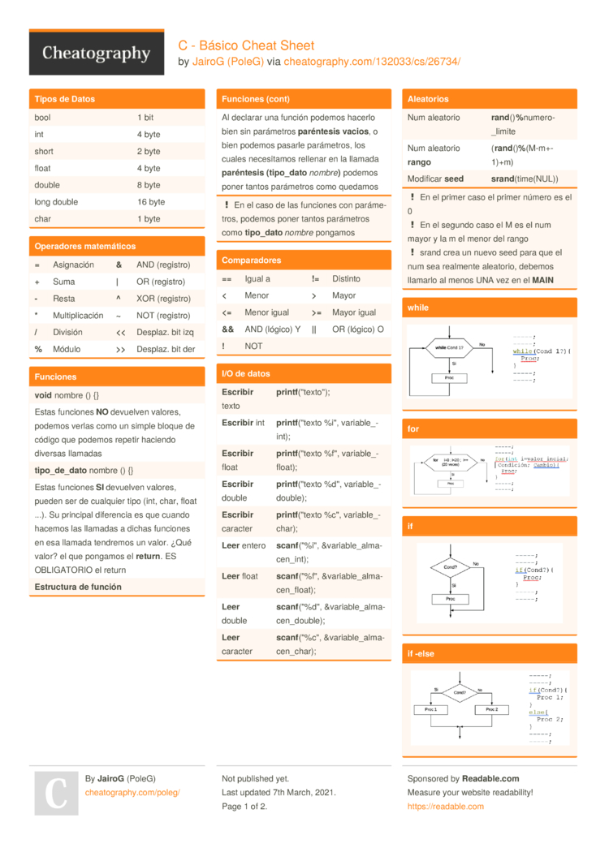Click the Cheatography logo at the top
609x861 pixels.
click(97, 54)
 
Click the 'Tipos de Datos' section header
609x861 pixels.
click(65, 99)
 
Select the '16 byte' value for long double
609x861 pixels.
click(150, 202)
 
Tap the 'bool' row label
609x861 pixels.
click(42, 118)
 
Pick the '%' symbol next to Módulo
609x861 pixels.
click(38, 349)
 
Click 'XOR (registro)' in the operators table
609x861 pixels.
click(163, 299)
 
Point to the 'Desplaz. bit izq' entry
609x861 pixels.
click(166, 332)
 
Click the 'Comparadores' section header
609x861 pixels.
click(251, 260)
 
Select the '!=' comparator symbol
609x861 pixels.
click(315, 278)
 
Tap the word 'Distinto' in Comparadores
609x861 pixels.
click(346, 278)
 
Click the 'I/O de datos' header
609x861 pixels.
click(246, 373)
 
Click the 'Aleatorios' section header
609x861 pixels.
click(428, 99)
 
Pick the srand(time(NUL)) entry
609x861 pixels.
click(525, 179)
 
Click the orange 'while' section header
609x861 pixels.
click(418, 308)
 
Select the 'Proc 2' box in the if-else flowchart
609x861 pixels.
click(490, 709)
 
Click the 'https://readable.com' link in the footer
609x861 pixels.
click(445, 807)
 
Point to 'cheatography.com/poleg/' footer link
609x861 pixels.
click(132, 792)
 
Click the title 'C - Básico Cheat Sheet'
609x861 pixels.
click(246, 45)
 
